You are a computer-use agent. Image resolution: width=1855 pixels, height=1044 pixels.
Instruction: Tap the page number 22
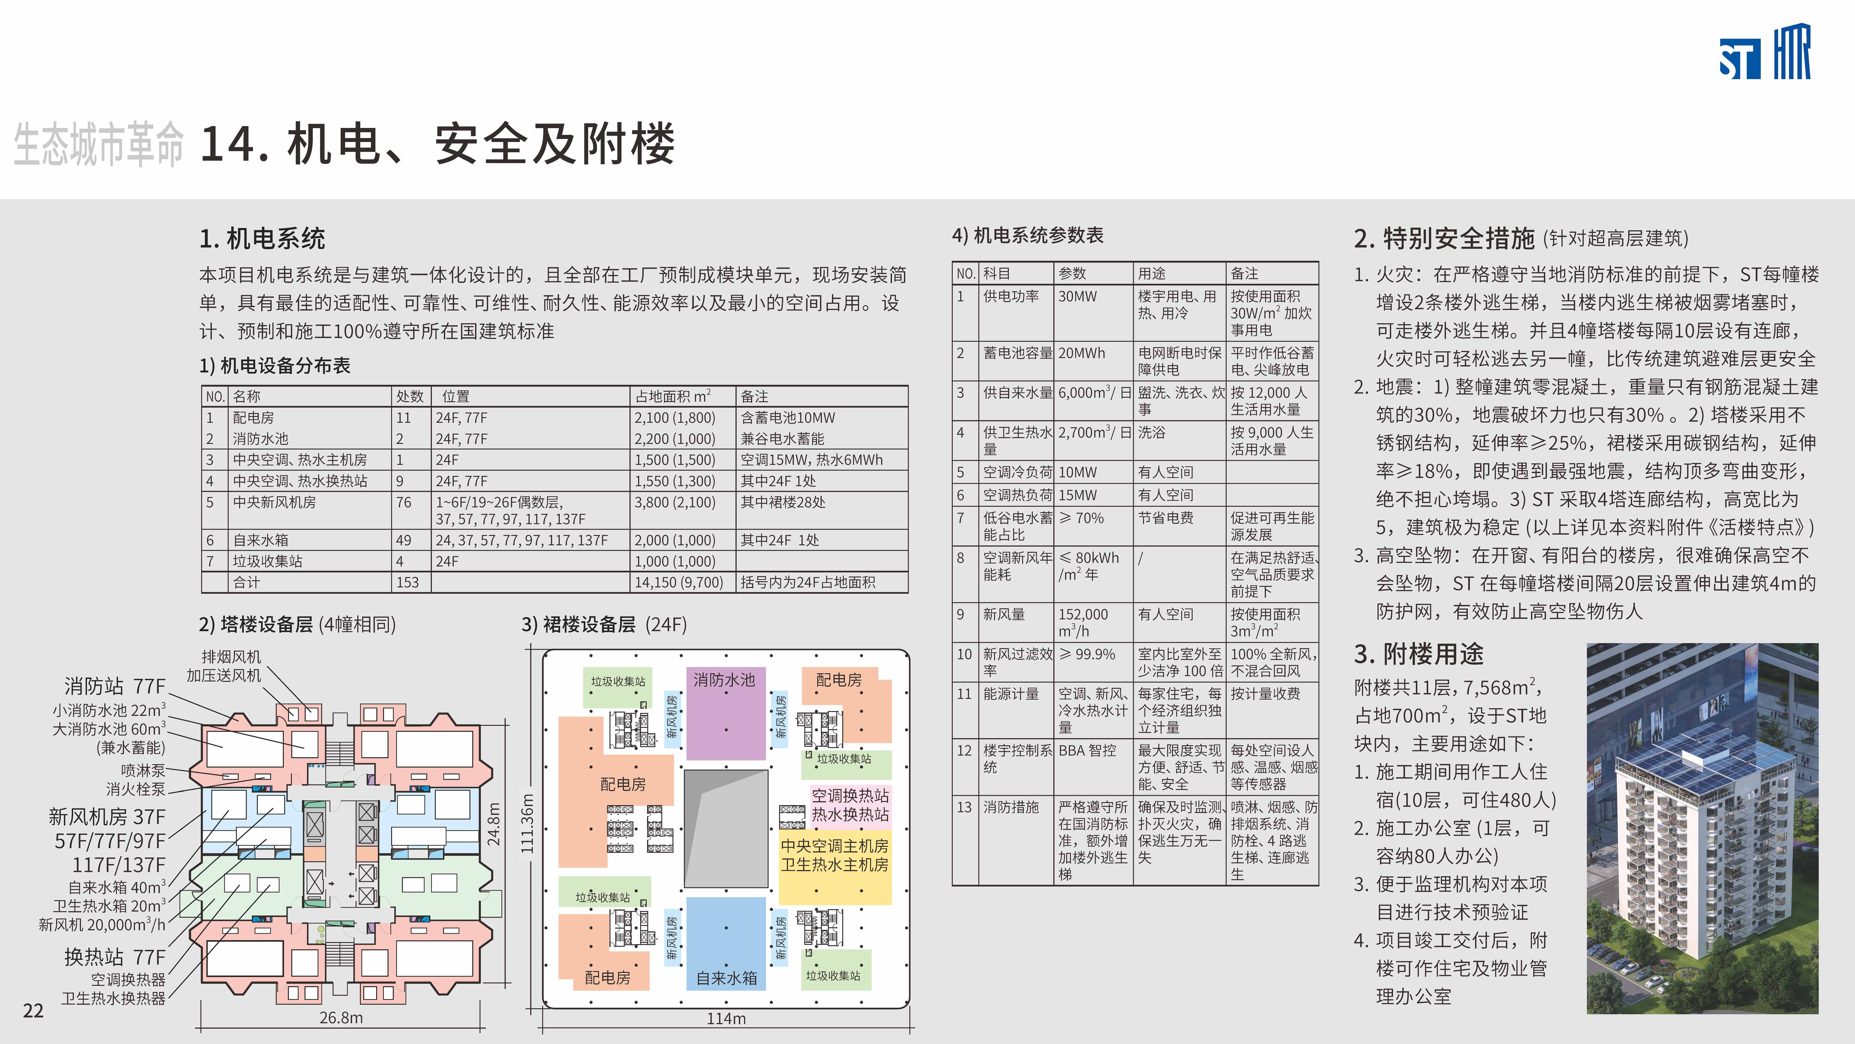[x=33, y=1011]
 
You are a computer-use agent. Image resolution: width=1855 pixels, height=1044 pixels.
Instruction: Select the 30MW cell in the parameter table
[x=1077, y=296]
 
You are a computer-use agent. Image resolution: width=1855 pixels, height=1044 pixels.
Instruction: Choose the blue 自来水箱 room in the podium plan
[x=726, y=978]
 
